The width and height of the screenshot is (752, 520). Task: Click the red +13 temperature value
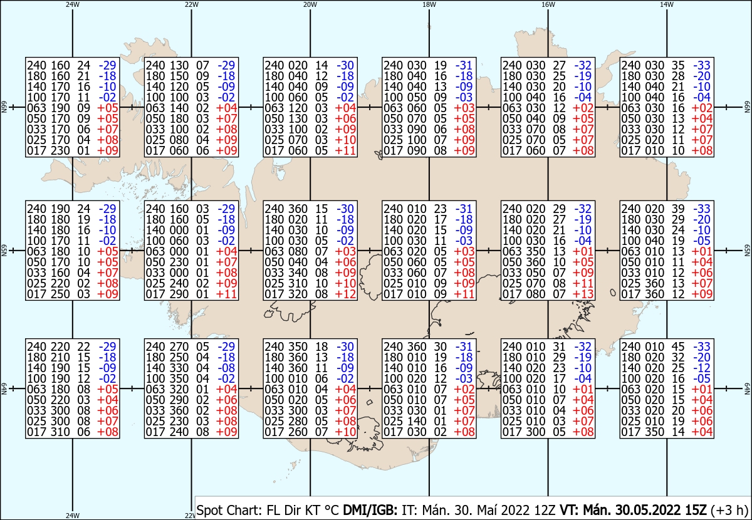point(583,294)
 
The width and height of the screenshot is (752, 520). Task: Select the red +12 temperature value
point(345,294)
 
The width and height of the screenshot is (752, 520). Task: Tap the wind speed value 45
point(678,346)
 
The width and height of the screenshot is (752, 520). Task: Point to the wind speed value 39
point(678,209)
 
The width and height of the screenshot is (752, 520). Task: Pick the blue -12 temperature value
point(702,368)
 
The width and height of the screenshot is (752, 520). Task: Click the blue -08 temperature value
point(227,368)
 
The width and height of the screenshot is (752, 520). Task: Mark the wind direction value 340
point(298,273)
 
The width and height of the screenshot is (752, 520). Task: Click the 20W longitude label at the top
point(310,4)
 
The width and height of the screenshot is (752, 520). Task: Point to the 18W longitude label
point(429,4)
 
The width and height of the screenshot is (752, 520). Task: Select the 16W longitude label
point(548,4)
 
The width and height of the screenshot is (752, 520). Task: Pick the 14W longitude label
point(667,4)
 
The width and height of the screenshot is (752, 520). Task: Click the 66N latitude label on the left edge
point(4,107)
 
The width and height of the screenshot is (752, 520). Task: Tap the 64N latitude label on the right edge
point(747,388)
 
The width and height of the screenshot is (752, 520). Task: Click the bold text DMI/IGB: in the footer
point(370,510)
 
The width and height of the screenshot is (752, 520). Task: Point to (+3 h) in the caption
point(729,510)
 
